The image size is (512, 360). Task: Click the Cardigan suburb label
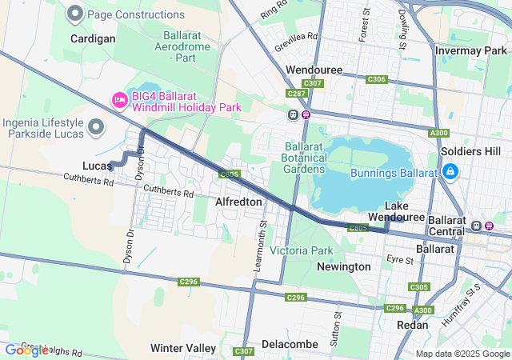pos(93,38)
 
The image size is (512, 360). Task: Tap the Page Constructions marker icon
pos(76,14)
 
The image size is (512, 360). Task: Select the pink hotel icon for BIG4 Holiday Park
pos(119,100)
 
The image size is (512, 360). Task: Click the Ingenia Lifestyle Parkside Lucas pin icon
pos(97,127)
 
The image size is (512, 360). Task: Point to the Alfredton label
pos(238,202)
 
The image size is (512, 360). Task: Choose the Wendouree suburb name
pos(314,70)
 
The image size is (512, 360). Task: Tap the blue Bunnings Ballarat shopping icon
pos(450,172)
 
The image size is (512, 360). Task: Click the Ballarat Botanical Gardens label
pos(305,158)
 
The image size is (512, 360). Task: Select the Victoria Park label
pos(301,250)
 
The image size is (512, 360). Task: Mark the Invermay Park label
pos(470,50)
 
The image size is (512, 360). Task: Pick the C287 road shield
pos(297,94)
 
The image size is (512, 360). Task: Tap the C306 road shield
pos(376,79)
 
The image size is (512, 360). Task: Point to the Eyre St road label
pos(398,259)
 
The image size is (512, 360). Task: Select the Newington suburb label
pos(344,266)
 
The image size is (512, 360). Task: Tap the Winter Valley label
pos(183,348)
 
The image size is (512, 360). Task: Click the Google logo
pos(26,350)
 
